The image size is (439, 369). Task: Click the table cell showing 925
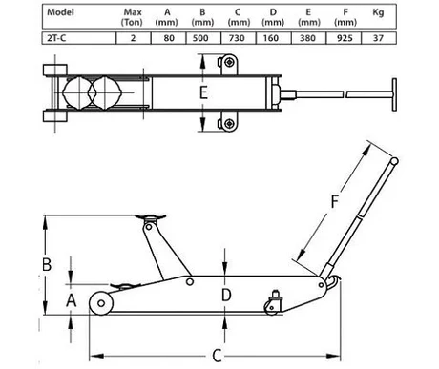[345, 38]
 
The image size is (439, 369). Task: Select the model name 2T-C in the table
[56, 38]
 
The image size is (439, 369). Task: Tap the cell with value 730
[237, 38]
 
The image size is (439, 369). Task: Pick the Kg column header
[378, 12]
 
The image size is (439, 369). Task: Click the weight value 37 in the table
[378, 38]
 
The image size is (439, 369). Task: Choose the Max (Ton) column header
[133, 17]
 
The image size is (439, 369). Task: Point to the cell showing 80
[169, 38]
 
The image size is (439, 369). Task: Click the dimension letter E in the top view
[203, 92]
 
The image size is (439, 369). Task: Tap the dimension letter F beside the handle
[334, 201]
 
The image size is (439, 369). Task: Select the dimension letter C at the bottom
[217, 356]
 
